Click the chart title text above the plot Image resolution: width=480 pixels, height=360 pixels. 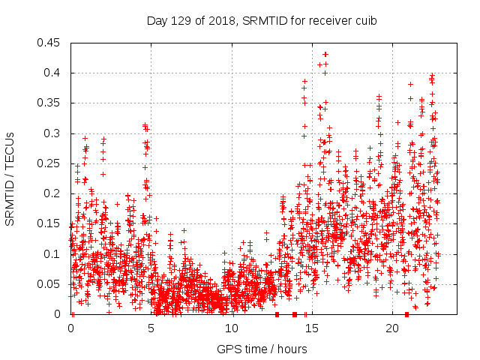click(x=262, y=20)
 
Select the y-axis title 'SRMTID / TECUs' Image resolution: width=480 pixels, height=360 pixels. click(x=10, y=178)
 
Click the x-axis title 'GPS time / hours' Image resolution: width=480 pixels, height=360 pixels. click(x=262, y=349)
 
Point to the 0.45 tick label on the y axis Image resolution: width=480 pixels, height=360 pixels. click(x=51, y=43)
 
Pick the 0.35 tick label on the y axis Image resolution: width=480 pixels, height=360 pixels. click(x=51, y=103)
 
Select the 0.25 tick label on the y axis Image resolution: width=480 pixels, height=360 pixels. click(x=51, y=163)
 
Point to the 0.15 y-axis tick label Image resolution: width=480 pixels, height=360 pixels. click(x=51, y=223)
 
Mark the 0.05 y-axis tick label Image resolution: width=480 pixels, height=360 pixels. click(x=51, y=284)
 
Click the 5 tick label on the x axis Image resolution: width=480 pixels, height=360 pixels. click(x=151, y=328)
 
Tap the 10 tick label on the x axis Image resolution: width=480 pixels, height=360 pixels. click(x=232, y=328)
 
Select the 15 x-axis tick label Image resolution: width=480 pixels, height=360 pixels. click(x=312, y=328)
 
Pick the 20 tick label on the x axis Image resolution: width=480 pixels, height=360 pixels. click(x=392, y=328)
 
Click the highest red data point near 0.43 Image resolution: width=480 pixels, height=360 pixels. click(x=325, y=54)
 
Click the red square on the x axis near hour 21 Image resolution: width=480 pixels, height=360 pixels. click(x=406, y=314)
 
